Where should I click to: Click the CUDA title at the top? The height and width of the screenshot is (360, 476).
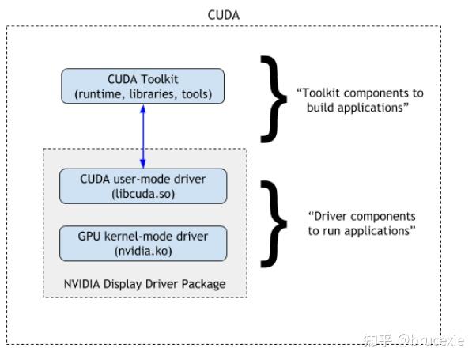click(x=223, y=14)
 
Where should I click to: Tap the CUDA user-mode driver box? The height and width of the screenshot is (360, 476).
click(x=143, y=186)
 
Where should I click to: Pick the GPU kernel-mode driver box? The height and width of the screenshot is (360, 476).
click(x=143, y=243)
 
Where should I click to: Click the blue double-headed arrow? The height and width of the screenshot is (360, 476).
click(x=143, y=136)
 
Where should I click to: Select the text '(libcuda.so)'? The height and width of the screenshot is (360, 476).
click(x=143, y=193)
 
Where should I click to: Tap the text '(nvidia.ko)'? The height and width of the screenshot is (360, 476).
click(x=143, y=251)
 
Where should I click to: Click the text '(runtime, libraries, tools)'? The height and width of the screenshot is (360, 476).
click(x=143, y=94)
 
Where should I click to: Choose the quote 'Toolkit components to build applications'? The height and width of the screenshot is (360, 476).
click(x=359, y=100)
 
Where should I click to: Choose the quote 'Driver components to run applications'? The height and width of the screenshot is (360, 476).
click(x=361, y=223)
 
